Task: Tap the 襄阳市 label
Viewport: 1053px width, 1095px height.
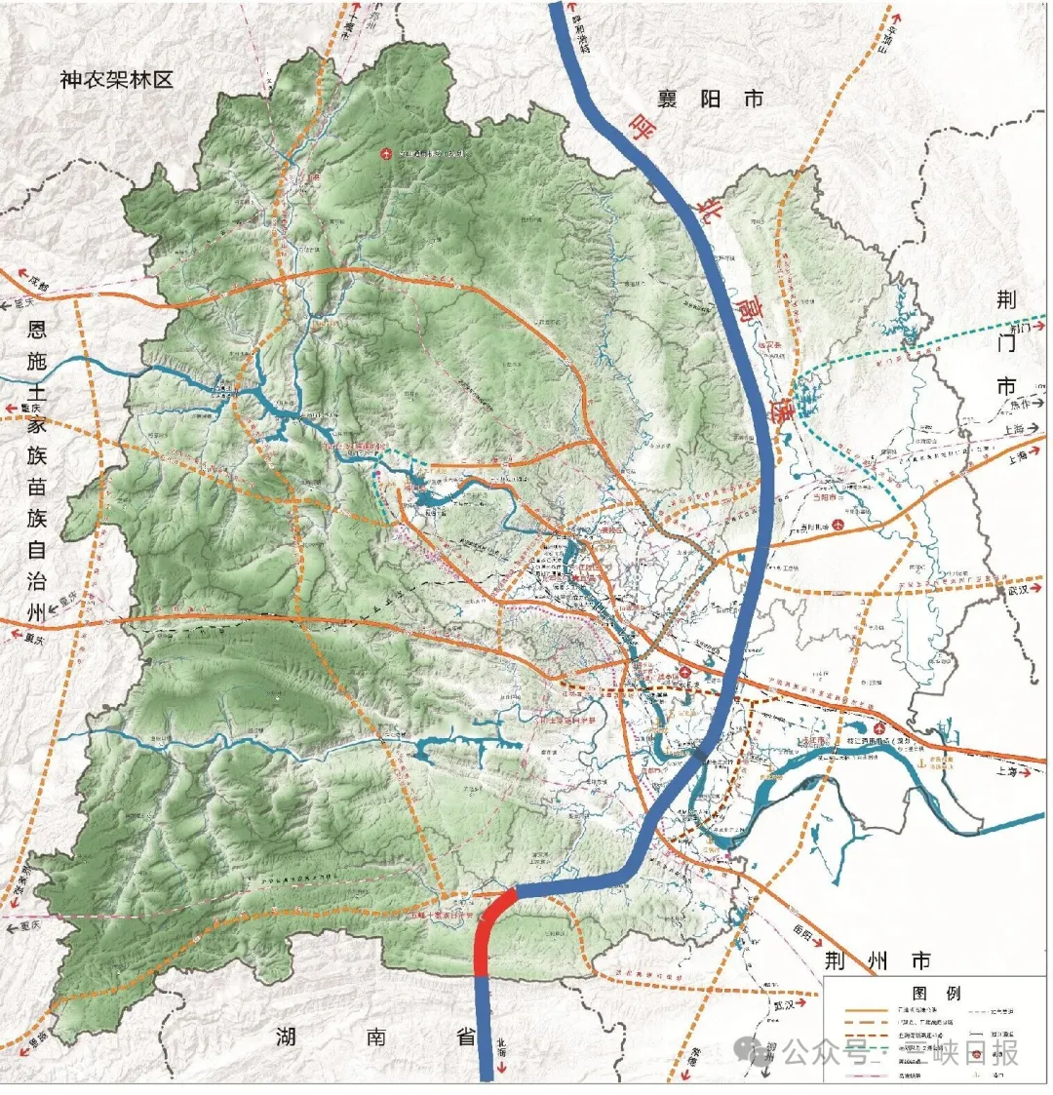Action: click(711, 98)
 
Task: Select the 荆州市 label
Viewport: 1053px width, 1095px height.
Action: click(877, 959)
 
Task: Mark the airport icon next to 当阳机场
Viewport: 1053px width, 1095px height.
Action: click(850, 524)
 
